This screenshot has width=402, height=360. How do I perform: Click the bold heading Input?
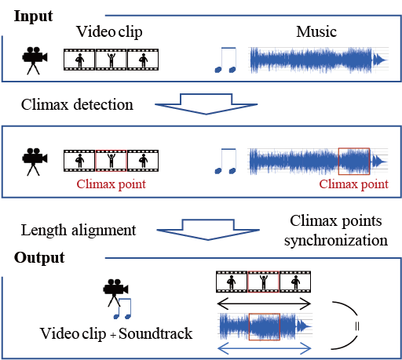pos(33,17)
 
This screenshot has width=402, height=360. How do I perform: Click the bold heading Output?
pos(39,259)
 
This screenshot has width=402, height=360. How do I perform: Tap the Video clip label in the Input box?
pos(109,32)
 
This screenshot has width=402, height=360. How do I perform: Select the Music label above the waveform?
pos(316,32)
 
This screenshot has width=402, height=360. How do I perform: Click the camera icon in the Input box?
pos(35,60)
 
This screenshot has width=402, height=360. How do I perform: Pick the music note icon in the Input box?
pos(225,60)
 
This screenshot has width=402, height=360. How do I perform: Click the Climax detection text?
pos(77,104)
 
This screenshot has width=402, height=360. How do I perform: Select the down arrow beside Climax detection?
pos(206,104)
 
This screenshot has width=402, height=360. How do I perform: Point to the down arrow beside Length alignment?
pos(208,230)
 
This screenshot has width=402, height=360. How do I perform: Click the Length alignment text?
pos(79,231)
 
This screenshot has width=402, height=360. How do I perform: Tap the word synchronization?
pos(336,241)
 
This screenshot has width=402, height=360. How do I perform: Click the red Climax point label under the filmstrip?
pos(111,184)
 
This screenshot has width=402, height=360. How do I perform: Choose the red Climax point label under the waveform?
pos(353,184)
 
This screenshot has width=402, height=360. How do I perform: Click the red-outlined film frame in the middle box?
pos(111,161)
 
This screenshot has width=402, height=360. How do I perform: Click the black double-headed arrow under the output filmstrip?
pos(264,304)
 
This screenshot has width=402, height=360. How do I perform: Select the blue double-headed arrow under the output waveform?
pos(265,348)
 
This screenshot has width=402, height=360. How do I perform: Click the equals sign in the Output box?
pos(357,326)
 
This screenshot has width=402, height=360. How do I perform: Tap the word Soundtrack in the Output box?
pos(155,333)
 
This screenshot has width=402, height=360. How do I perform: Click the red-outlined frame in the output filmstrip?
pos(264,282)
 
